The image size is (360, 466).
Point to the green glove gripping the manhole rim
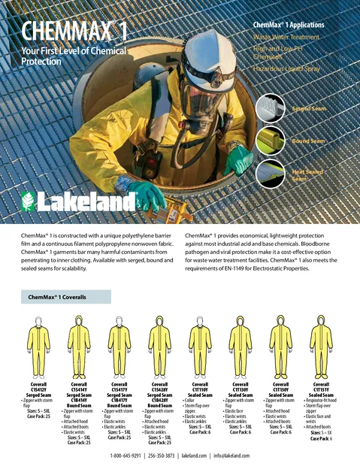147,194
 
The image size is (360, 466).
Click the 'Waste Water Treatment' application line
286,36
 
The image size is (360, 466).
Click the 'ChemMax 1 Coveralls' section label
59,297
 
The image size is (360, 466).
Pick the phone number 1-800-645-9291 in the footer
132,455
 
